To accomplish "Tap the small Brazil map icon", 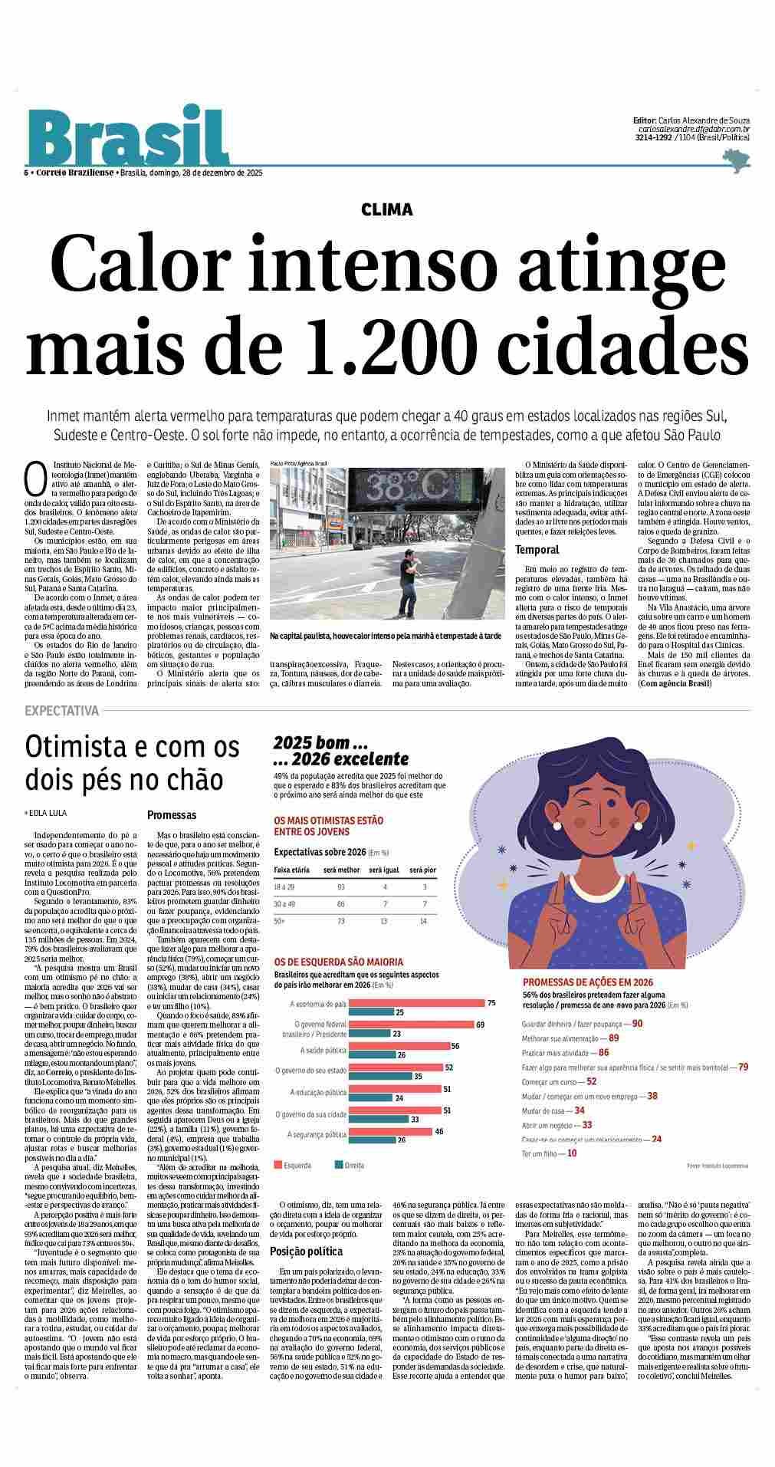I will click(x=735, y=160).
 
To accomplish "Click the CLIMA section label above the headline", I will click(x=387, y=209).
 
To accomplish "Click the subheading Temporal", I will click(x=537, y=549).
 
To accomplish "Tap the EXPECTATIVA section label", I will click(x=62, y=711).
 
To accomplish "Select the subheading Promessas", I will click(x=172, y=815).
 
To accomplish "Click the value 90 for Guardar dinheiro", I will click(x=637, y=1024).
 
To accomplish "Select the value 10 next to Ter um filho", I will click(x=572, y=1153).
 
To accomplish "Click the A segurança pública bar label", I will click(x=317, y=1134).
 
